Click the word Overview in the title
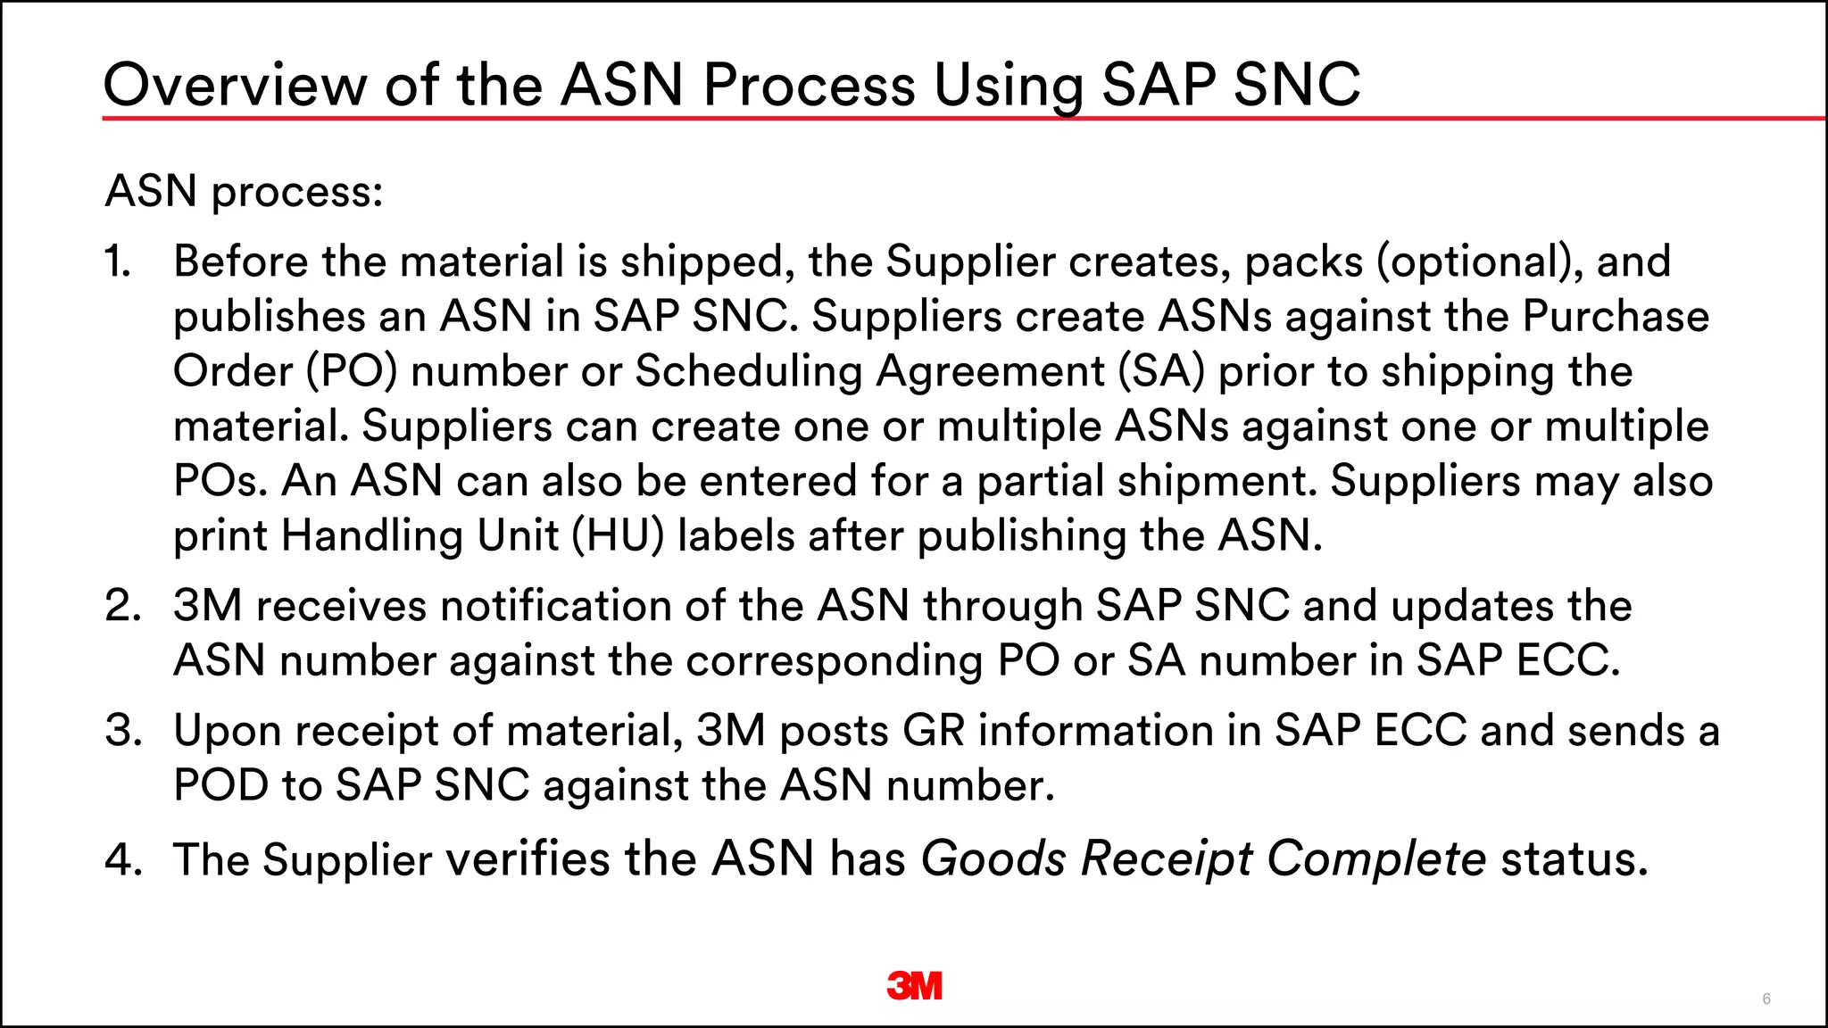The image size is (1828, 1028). point(235,86)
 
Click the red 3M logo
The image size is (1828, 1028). point(914,985)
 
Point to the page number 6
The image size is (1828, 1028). point(1766,999)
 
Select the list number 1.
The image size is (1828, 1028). point(117,261)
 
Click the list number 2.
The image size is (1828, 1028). point(122,606)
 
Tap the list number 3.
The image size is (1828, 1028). point(122,731)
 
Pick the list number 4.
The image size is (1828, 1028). point(123,859)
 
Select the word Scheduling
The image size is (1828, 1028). point(748,371)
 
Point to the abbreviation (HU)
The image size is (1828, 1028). point(618,536)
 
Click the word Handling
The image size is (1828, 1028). point(372,536)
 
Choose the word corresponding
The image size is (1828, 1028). point(834,661)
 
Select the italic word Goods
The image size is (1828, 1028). point(993,859)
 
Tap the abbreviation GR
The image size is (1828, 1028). point(934,731)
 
